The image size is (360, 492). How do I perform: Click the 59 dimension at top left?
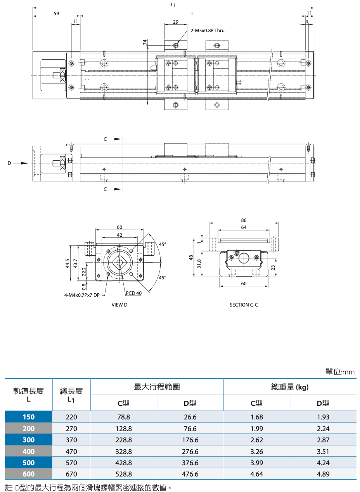56,13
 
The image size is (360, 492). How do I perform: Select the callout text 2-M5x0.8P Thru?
208,30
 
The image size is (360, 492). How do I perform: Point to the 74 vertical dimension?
145,42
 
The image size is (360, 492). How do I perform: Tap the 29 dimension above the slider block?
176,22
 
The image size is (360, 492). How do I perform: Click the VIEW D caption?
119,305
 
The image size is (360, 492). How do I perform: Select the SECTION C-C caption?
244,305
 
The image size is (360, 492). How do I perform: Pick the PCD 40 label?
133,293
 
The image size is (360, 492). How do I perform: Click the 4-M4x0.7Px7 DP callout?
82,295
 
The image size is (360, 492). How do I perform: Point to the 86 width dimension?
244,220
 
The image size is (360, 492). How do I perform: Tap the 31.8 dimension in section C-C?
199,264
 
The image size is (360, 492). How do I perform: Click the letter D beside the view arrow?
9,163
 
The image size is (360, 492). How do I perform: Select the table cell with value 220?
71,417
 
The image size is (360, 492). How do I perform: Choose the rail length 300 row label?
29,440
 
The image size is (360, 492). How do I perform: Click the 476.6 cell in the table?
190,474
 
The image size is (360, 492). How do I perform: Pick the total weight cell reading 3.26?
257,451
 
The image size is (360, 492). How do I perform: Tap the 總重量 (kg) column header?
290,387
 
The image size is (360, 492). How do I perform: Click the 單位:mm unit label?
340,372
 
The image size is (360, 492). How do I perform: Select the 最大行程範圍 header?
157,387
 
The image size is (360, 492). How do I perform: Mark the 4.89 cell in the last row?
323,474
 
